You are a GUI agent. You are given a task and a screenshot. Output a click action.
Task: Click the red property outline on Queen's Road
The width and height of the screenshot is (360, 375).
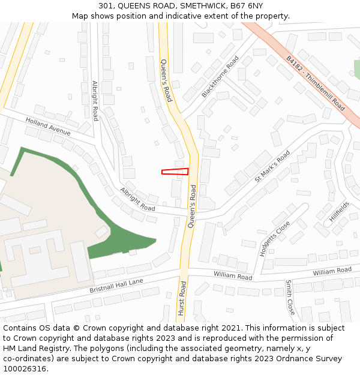(175, 172)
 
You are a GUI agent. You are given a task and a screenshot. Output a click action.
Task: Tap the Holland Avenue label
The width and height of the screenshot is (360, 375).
(48, 127)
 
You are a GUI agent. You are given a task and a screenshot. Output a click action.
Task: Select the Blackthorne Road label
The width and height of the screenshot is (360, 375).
(220, 77)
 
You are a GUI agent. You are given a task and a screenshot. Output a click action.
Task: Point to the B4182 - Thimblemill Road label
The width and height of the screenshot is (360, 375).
(316, 84)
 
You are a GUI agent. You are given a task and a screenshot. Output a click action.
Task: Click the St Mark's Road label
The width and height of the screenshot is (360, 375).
(272, 166)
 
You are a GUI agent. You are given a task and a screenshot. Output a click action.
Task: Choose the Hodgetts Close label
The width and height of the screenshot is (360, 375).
(275, 239)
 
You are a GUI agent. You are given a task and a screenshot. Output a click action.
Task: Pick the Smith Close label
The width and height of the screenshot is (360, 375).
(290, 298)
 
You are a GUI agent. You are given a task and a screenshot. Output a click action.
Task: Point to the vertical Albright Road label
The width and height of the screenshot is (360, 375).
(95, 101)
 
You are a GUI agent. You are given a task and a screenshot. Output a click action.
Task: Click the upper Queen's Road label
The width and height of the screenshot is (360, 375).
(166, 80)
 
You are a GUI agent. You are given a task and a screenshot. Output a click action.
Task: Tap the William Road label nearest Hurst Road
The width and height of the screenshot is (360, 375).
(233, 276)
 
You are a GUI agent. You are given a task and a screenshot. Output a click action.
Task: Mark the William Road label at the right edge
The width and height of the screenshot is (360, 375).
(332, 271)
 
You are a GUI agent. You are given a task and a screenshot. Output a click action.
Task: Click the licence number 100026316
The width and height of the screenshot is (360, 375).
(26, 368)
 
